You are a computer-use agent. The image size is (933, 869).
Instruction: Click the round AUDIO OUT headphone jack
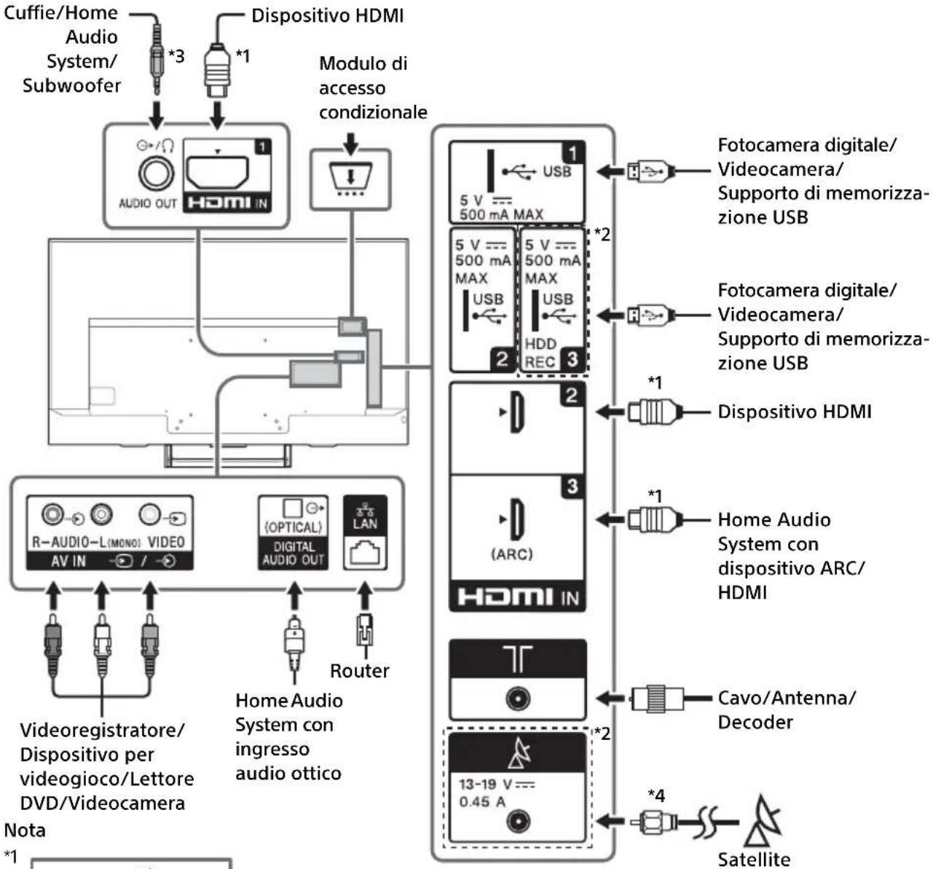[x=157, y=174]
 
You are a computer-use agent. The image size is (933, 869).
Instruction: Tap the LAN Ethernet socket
[x=365, y=553]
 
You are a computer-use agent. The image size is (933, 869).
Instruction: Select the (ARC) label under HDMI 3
[x=512, y=554]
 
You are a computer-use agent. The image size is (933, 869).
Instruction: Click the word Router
[x=359, y=671]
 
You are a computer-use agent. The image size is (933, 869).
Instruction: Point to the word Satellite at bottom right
[x=754, y=860]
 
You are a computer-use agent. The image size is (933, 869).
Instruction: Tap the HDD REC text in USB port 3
[x=540, y=353]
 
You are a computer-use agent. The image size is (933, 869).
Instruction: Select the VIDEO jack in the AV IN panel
[x=150, y=515]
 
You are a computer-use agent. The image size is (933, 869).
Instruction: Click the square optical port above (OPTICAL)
[x=292, y=508]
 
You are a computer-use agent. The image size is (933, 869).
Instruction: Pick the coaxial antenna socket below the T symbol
[x=518, y=699]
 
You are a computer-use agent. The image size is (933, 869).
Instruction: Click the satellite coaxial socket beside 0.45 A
[x=519, y=822]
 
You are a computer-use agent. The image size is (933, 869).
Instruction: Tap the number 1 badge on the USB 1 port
[x=572, y=153]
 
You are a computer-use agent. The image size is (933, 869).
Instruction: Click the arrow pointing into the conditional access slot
[x=350, y=143]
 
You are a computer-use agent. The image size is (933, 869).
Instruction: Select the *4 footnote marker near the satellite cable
[x=656, y=795]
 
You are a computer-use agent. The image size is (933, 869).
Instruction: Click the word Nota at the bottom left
[x=25, y=830]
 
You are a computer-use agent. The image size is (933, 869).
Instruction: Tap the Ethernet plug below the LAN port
[x=365, y=631]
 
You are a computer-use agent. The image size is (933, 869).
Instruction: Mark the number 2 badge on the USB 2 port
[x=502, y=360]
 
